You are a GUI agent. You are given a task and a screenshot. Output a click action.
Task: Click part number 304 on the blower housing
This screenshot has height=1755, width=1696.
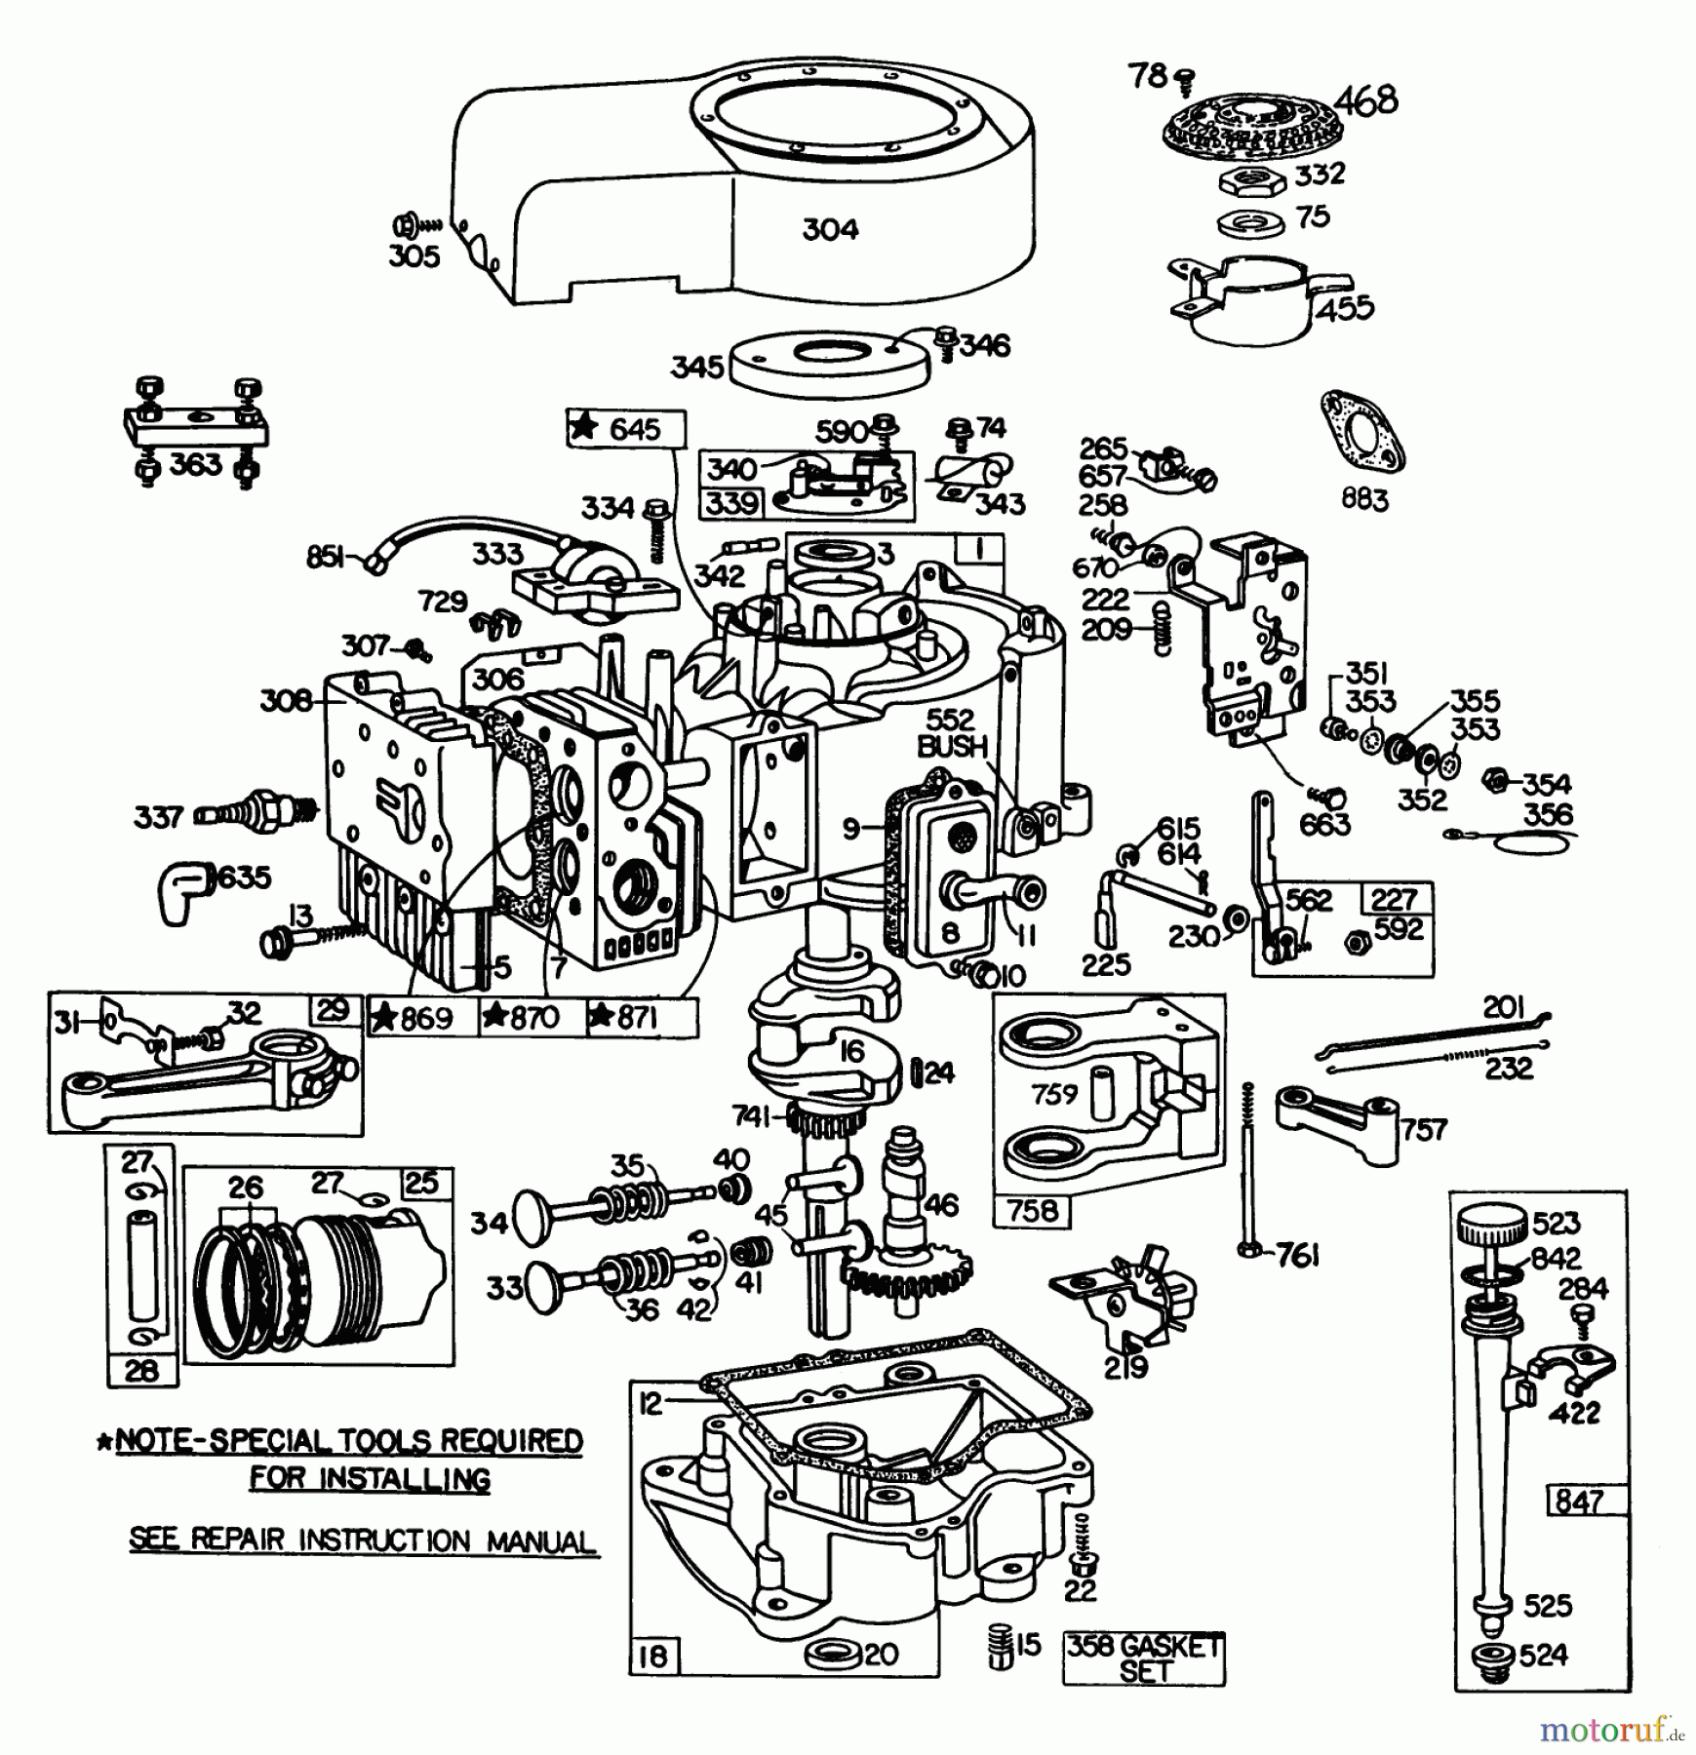tap(830, 229)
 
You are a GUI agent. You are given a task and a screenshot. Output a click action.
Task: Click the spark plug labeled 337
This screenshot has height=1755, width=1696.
tap(254, 810)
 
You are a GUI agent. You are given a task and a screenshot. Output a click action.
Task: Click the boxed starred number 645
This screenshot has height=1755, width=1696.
tap(625, 429)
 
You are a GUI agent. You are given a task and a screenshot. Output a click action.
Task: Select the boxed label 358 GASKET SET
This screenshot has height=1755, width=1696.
tap(1143, 1658)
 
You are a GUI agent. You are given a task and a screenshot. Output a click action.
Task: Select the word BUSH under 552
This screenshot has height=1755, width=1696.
tap(952, 747)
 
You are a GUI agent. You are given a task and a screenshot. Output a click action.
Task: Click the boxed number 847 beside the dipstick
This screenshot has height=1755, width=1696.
tap(1587, 1501)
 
